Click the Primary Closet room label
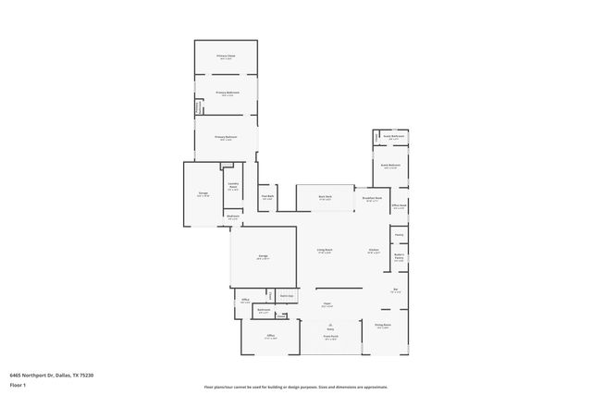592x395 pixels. (x=226, y=56)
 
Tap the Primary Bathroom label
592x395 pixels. (x=226, y=93)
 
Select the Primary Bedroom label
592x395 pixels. (x=226, y=137)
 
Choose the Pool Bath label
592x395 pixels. (x=267, y=196)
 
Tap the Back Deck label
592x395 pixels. (x=325, y=197)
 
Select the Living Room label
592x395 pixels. (x=325, y=250)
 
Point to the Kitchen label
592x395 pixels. (x=374, y=250)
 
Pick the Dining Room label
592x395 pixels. (x=382, y=325)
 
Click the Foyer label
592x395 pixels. (x=327, y=302)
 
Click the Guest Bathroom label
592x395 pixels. (x=394, y=136)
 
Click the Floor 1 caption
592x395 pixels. (x=18, y=384)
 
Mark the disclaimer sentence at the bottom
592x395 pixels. (x=296, y=387)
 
